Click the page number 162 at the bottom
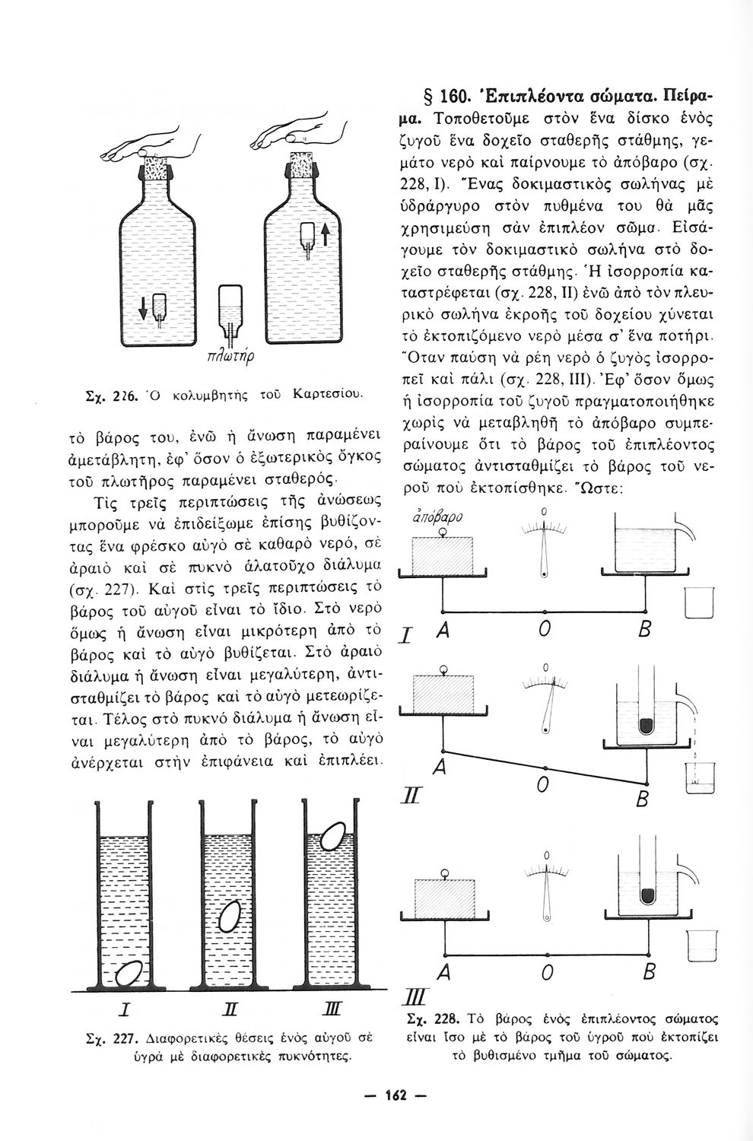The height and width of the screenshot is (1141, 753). [x=396, y=1095]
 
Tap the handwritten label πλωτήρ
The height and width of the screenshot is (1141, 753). [x=228, y=356]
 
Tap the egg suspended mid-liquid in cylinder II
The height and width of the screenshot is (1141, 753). [x=229, y=917]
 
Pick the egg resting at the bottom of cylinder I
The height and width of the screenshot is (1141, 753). [x=131, y=974]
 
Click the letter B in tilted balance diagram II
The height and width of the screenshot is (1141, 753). [x=643, y=800]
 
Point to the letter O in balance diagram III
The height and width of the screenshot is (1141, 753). [x=545, y=973]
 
